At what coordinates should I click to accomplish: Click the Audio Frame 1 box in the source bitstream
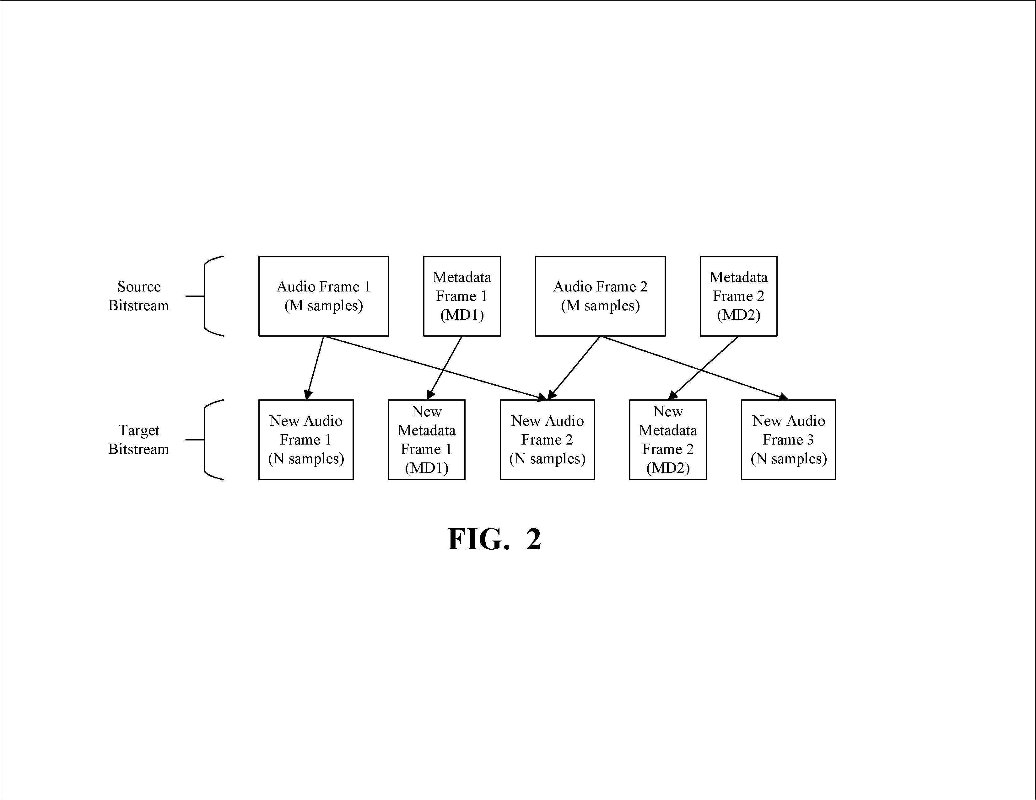coord(323,296)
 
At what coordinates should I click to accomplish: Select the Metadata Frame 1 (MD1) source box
coord(462,296)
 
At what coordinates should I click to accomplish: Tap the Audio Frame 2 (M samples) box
coord(600,296)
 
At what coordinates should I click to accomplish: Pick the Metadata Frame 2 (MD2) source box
coord(739,296)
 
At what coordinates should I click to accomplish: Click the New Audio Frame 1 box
coord(306,440)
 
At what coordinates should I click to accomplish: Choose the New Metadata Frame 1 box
coord(426,440)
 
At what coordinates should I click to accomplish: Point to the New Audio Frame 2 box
coord(548,440)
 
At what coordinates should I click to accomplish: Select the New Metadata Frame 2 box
coord(668,440)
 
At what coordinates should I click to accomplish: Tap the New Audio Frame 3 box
coord(788,440)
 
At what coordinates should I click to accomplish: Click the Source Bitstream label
coord(138,296)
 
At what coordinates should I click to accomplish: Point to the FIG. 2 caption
coord(494,539)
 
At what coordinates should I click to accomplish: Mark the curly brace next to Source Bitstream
coord(205,296)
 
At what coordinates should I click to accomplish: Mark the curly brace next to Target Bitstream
coord(205,440)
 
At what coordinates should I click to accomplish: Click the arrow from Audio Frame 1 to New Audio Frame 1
coord(315,368)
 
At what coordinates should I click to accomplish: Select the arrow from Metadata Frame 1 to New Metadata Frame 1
coord(445,368)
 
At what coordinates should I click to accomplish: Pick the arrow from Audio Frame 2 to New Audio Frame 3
coord(694,368)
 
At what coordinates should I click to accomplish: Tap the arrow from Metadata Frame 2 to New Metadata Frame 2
coord(704,368)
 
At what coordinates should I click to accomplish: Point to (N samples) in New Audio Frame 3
coord(788,459)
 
